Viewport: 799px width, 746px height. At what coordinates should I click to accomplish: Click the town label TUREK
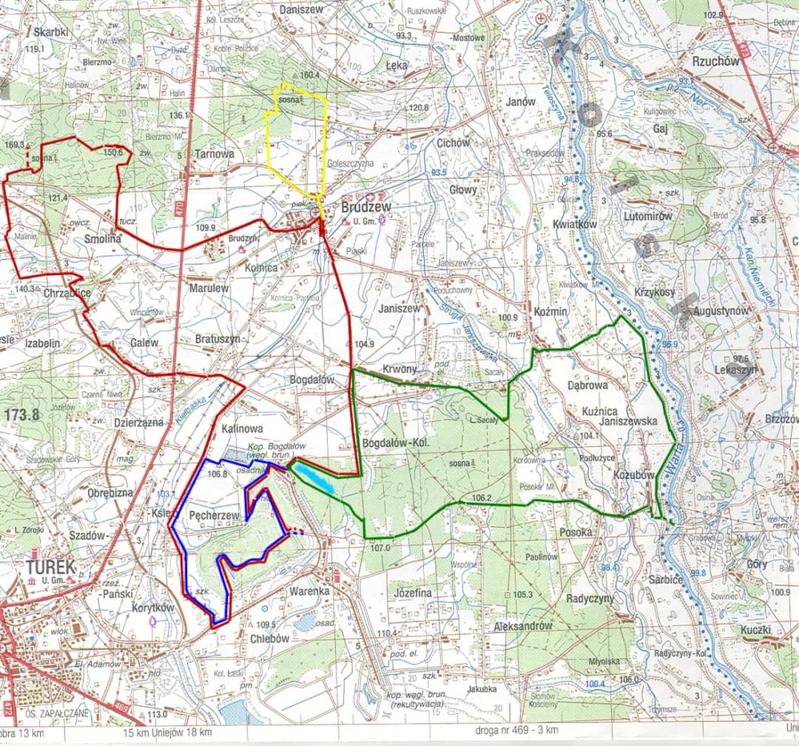click(50, 568)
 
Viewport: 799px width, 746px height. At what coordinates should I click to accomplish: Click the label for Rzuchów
click(715, 61)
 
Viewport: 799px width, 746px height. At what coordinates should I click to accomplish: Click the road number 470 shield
click(180, 209)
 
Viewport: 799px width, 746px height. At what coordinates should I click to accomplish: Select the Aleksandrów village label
click(523, 626)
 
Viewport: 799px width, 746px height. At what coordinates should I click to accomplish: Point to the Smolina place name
click(102, 239)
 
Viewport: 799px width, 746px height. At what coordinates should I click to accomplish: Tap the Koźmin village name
click(550, 312)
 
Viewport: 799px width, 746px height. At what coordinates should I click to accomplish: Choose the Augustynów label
click(721, 312)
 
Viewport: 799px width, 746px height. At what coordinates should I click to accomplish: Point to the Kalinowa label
click(242, 429)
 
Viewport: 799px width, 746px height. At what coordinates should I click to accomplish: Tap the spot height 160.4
click(309, 75)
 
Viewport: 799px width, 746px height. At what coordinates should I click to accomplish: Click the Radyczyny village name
click(590, 598)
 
